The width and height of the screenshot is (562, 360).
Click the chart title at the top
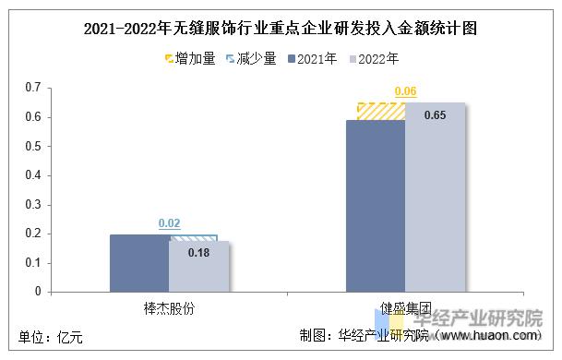[281, 29]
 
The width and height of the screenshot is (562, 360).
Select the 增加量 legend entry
[189, 59]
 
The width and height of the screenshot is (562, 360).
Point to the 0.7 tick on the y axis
[34, 88]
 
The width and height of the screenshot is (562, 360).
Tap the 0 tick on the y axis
[39, 292]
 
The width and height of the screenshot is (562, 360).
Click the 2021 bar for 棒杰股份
[138, 263]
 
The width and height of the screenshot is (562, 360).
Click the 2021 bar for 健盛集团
[375, 206]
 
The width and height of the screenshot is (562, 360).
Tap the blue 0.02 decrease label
[169, 223]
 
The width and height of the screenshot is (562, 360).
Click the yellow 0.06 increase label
[405, 91]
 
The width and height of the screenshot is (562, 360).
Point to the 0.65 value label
[435, 115]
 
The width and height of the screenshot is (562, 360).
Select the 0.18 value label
[198, 252]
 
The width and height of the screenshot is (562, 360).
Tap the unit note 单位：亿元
[51, 338]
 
